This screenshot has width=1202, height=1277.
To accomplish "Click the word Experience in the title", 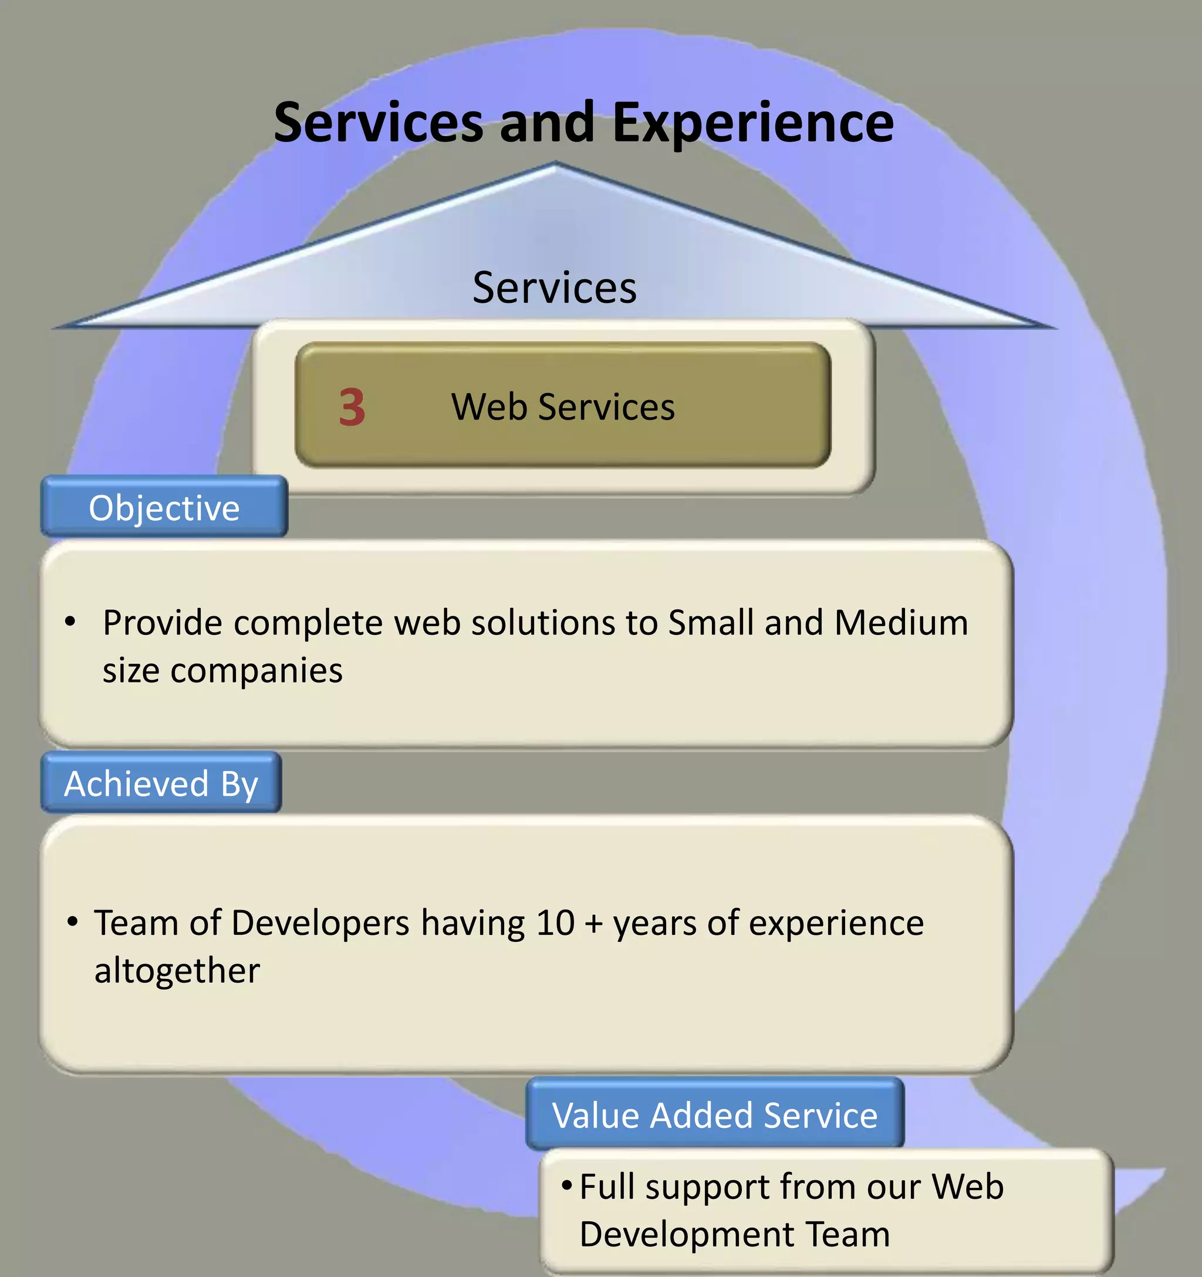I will (752, 123).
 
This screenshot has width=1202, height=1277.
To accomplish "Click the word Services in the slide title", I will (378, 123).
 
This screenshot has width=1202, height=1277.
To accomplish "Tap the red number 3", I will (352, 407).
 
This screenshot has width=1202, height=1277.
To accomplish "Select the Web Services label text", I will (563, 407).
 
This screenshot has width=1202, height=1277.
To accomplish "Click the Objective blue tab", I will (164, 508).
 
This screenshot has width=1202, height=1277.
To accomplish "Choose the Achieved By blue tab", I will (161, 783).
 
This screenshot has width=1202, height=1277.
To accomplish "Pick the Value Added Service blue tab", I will (714, 1115).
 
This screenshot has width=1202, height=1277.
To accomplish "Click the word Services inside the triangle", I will (555, 288).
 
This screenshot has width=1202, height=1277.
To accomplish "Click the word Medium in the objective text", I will (901, 623).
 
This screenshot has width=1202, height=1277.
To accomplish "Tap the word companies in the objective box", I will (256, 671).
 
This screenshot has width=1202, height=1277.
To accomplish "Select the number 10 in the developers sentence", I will (555, 923).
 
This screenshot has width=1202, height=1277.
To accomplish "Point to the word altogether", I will (177, 971).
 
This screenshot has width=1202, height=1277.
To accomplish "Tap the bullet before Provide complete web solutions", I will (70, 621).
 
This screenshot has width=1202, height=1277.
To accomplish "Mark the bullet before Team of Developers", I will (73, 922).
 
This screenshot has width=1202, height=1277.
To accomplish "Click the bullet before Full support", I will (566, 1183).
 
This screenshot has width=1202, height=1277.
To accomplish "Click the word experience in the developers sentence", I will (836, 923).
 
